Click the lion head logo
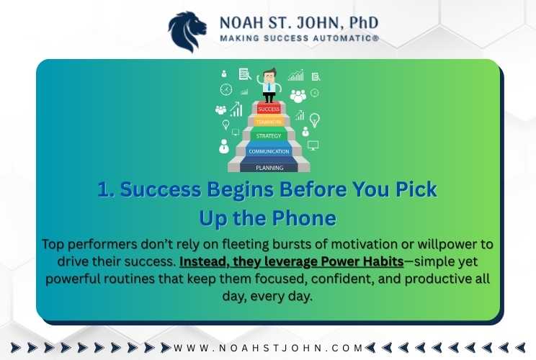[x=187, y=32]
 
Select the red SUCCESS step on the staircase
[x=269, y=109]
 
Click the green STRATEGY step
[x=269, y=135]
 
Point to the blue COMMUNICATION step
[x=269, y=151]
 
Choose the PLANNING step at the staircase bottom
[x=269, y=167]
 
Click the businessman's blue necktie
[x=269, y=86]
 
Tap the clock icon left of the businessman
[x=226, y=89]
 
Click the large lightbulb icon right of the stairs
[x=315, y=120]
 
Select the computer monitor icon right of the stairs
[x=313, y=145]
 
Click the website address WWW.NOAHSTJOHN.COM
[x=268, y=348]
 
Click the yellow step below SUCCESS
[x=269, y=122]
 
